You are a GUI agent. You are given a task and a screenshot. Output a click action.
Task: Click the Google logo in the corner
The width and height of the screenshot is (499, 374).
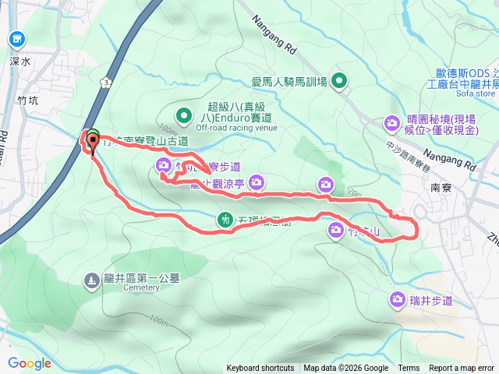pos(30,363)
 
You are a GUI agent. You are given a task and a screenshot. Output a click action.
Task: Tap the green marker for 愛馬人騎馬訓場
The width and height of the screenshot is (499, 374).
pos(339,80)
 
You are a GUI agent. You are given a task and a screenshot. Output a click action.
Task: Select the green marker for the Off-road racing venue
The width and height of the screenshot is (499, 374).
pos(184,116)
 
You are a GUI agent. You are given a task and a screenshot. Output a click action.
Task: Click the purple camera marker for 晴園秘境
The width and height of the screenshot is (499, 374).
pos(391,122)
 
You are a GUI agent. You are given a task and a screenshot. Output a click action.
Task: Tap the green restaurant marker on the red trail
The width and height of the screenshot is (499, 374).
pos(225,220)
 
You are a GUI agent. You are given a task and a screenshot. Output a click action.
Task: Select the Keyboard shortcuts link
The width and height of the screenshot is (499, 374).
pos(260,369)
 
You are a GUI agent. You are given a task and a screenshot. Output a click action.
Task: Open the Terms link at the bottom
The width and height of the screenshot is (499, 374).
pos(409,369)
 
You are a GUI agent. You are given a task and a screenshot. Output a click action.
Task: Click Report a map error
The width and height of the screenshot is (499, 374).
pos(462,369)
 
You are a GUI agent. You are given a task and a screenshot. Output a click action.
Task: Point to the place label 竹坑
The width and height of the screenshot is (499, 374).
pos(27,100)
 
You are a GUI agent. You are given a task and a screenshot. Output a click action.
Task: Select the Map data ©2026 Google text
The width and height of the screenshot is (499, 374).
pos(346,369)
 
